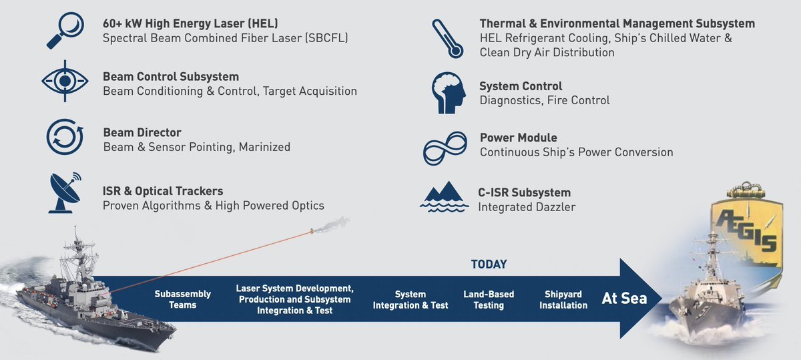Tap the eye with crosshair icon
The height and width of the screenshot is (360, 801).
pos(65,81)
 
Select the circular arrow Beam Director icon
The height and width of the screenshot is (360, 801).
pos(65,137)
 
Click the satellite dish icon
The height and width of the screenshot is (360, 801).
pos(64,193)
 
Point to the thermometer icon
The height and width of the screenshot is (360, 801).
pos(448,39)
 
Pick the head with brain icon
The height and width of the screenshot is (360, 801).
pos(449,93)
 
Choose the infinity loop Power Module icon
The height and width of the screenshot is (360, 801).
pos(445,148)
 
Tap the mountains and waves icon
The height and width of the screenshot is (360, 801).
pos(444,197)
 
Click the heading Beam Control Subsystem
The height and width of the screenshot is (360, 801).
pos(171,77)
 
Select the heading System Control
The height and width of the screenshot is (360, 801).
pos(521,86)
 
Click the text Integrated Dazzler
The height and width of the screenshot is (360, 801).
pos(527,207)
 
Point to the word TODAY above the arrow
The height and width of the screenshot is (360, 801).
pos(489,264)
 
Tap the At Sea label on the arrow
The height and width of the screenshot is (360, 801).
pos(624,299)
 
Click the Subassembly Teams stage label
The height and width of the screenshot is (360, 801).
pos(183,299)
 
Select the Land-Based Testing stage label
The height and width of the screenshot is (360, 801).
pos(489,300)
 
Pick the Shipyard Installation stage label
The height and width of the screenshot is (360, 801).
pos(563,300)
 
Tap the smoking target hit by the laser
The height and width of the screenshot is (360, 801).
pos(312,231)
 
